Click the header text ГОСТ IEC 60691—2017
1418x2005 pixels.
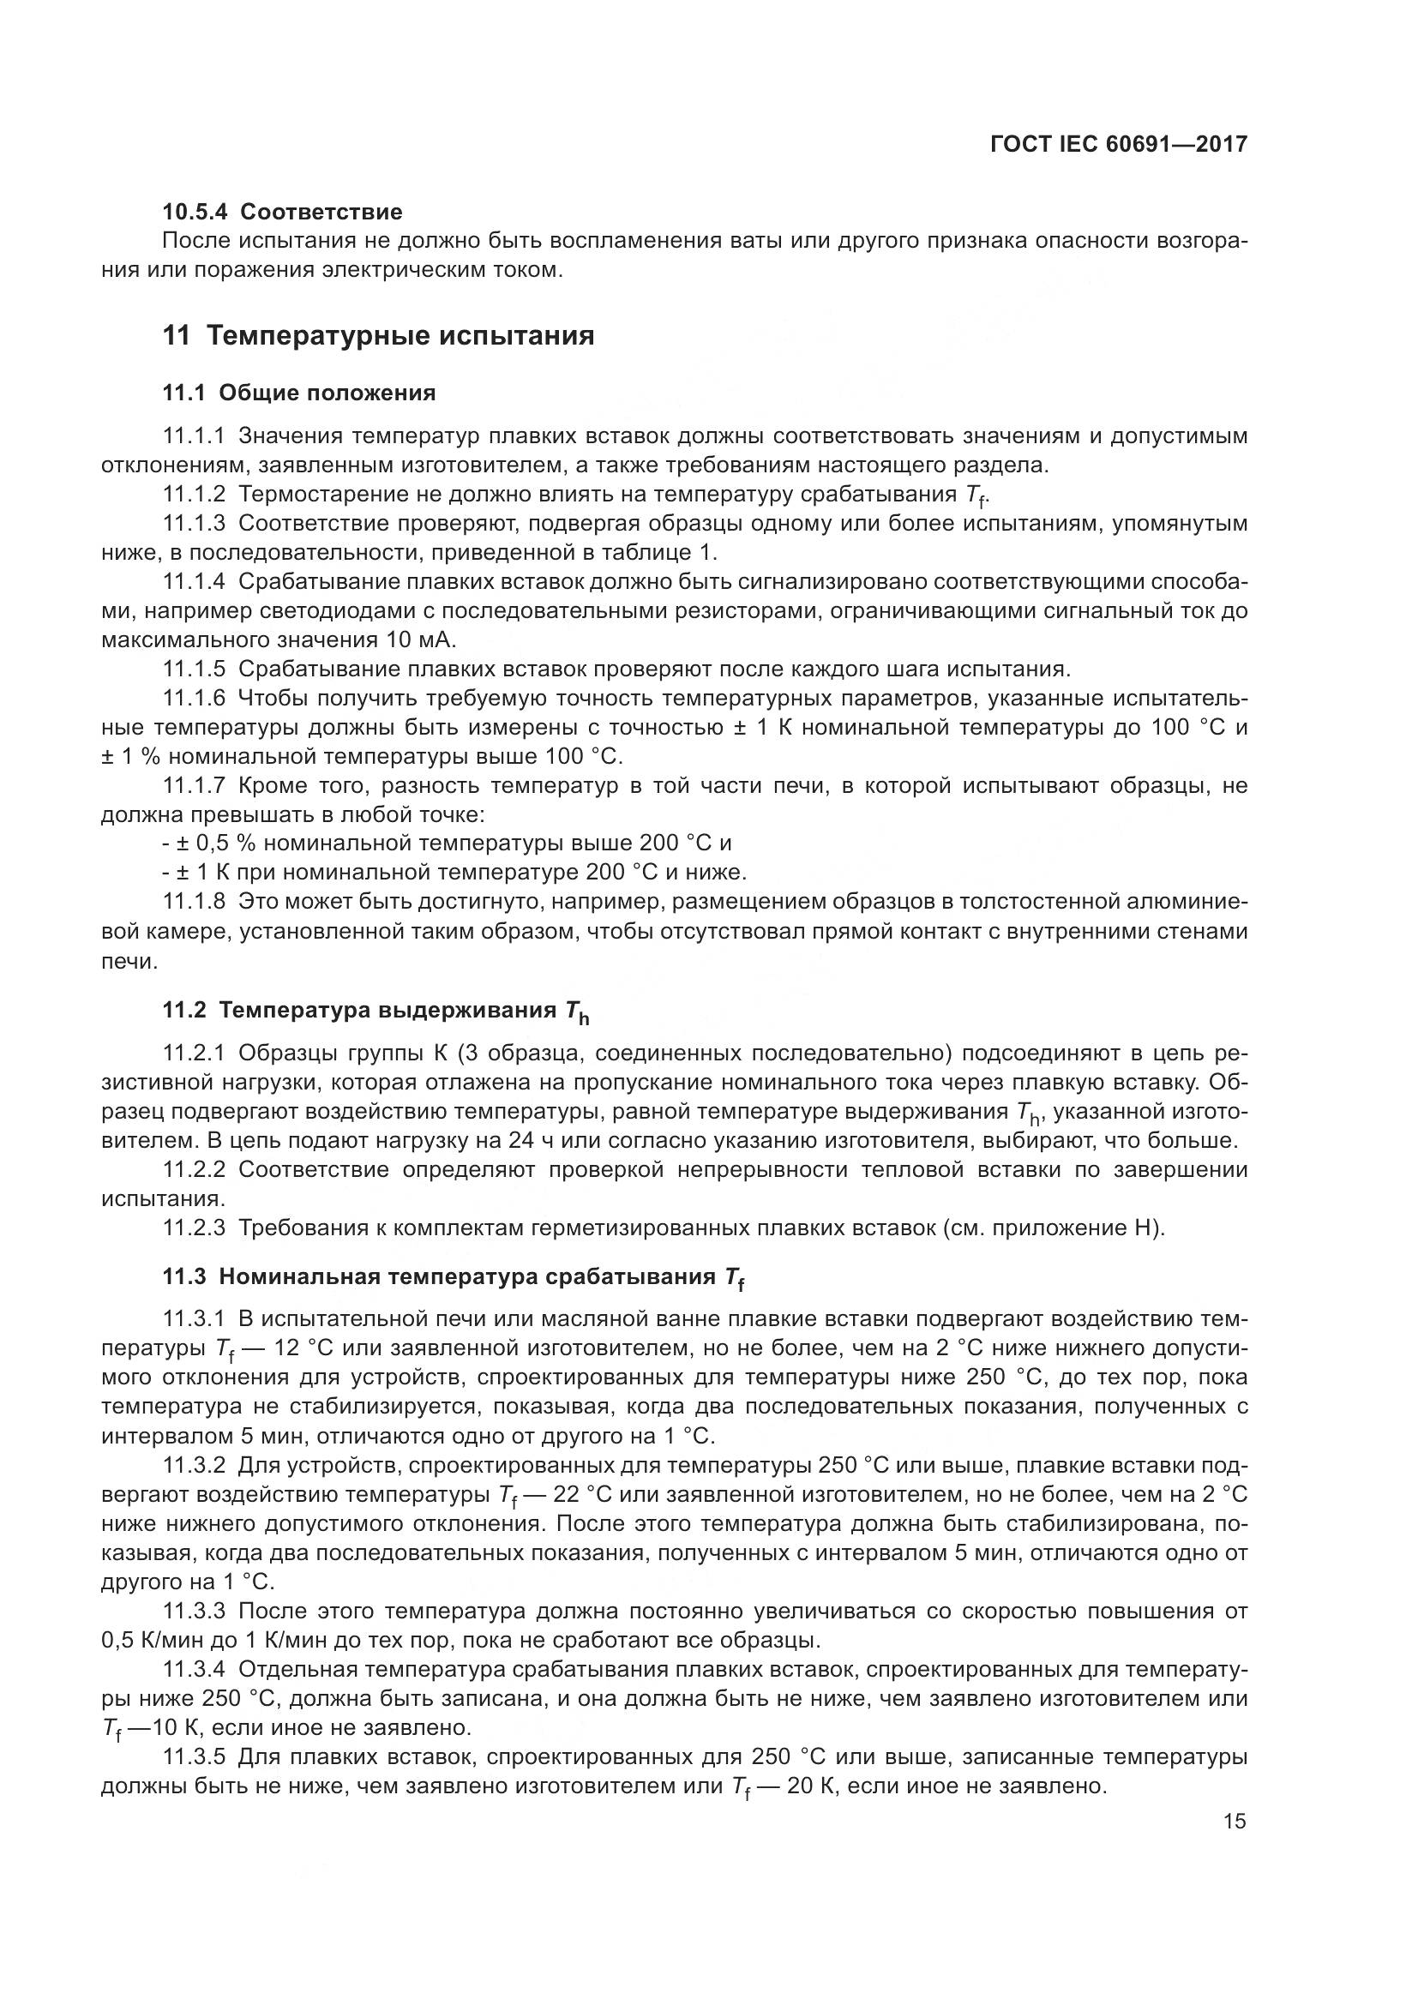tap(1119, 144)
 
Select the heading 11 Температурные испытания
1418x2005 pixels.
tap(378, 335)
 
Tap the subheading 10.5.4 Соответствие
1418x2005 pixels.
tap(282, 212)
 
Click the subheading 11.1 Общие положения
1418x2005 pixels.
tap(298, 393)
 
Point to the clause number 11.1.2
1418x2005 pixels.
tap(194, 495)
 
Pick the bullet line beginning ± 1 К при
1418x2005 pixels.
tap(424, 872)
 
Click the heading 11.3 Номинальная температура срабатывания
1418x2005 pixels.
tap(454, 1276)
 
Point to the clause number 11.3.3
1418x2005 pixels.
tap(194, 1612)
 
